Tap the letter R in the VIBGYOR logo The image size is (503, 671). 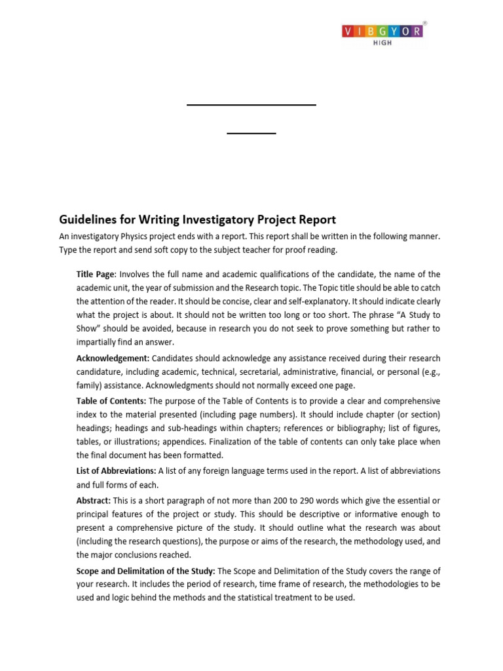[x=418, y=30]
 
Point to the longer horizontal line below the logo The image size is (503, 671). [x=251, y=105]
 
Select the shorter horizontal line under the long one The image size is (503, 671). [x=251, y=134]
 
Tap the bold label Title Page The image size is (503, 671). [x=96, y=274]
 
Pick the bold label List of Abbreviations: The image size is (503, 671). [x=116, y=471]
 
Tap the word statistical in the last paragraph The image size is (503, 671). [x=269, y=598]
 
